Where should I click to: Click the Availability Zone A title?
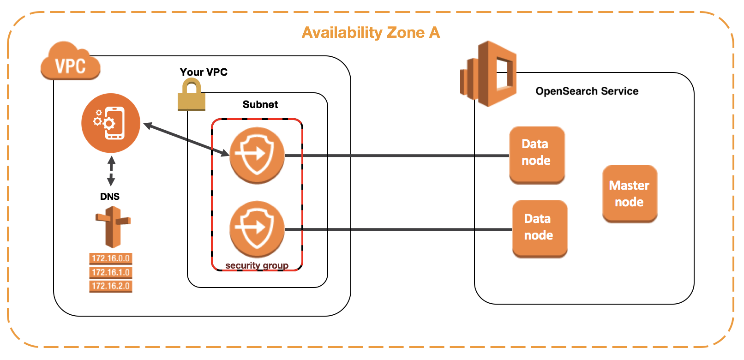(371, 33)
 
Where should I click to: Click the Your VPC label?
(204, 72)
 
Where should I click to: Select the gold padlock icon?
(191, 95)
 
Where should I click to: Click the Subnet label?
(260, 104)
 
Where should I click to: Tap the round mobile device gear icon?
(111, 123)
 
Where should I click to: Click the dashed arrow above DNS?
(111, 171)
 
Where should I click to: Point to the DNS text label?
(110, 197)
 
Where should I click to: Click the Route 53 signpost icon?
(113, 227)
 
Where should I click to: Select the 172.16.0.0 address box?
(111, 258)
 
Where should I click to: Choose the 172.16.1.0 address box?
(111, 272)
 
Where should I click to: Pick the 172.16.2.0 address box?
(111, 286)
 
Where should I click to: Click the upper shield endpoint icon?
(257, 155)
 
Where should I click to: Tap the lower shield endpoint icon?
(257, 228)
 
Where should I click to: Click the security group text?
(257, 265)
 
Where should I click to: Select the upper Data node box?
(537, 155)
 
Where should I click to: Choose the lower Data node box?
(540, 228)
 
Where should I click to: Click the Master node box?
(630, 194)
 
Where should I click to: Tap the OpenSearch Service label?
(587, 91)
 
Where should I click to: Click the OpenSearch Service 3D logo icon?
(489, 74)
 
